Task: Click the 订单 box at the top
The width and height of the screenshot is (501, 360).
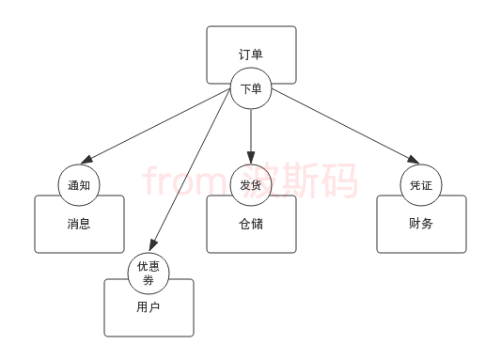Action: click(x=250, y=47)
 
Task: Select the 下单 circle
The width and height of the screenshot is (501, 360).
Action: click(x=251, y=88)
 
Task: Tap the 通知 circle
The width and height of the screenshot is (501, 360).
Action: click(x=79, y=185)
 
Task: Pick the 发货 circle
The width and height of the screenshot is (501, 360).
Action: click(x=251, y=185)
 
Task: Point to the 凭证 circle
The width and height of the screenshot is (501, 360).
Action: click(x=421, y=185)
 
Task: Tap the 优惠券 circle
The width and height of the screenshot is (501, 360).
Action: click(x=149, y=273)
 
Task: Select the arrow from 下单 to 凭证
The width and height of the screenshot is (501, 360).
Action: click(x=343, y=126)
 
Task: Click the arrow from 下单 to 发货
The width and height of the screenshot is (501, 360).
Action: click(x=251, y=132)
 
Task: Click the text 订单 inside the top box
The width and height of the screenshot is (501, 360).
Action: click(x=250, y=55)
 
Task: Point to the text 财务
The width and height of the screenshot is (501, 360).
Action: click(x=421, y=224)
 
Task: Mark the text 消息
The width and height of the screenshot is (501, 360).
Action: click(x=79, y=224)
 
